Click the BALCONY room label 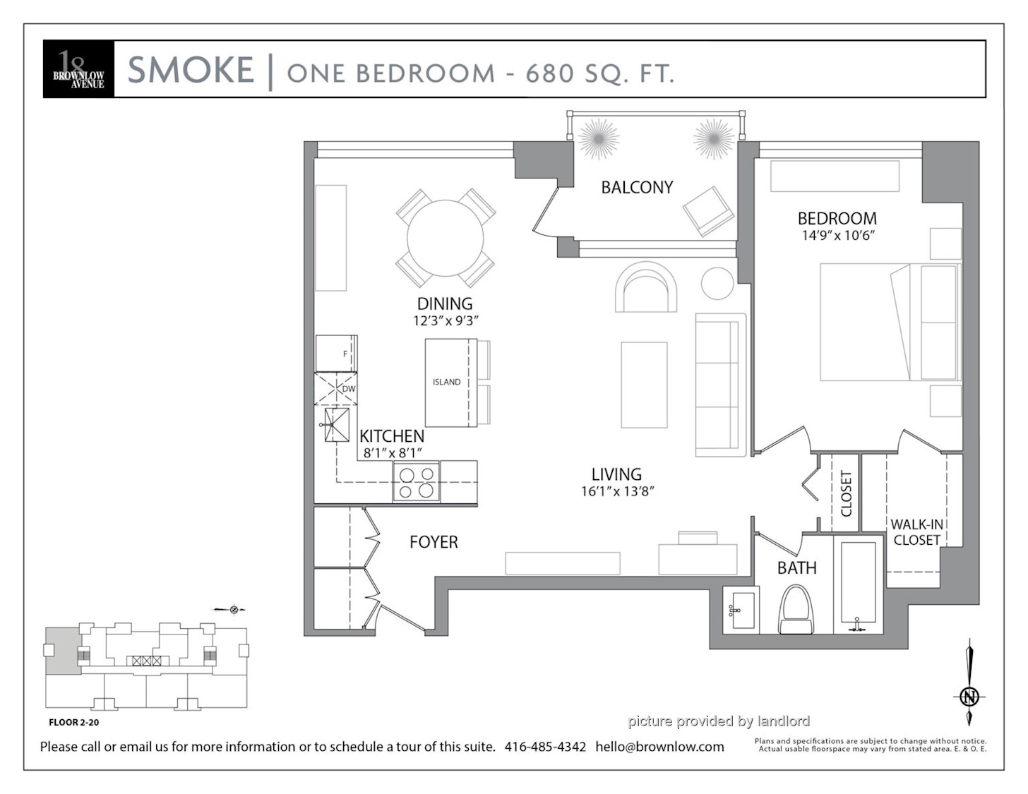(x=637, y=187)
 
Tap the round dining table (x=446, y=239)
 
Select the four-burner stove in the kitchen (x=417, y=482)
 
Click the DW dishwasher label (x=349, y=389)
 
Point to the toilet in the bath (x=796, y=609)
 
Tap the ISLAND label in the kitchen (x=447, y=382)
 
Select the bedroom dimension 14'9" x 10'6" (x=838, y=236)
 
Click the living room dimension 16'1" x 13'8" (x=617, y=491)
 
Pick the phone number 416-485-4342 (x=545, y=747)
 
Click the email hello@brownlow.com (x=659, y=747)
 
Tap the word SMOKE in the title (x=191, y=69)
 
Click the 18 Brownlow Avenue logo (x=78, y=69)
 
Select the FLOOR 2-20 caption (x=74, y=722)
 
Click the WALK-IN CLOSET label (x=916, y=532)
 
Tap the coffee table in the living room (x=644, y=385)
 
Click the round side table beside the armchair (x=717, y=283)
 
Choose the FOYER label (x=434, y=542)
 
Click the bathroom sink (x=741, y=610)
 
